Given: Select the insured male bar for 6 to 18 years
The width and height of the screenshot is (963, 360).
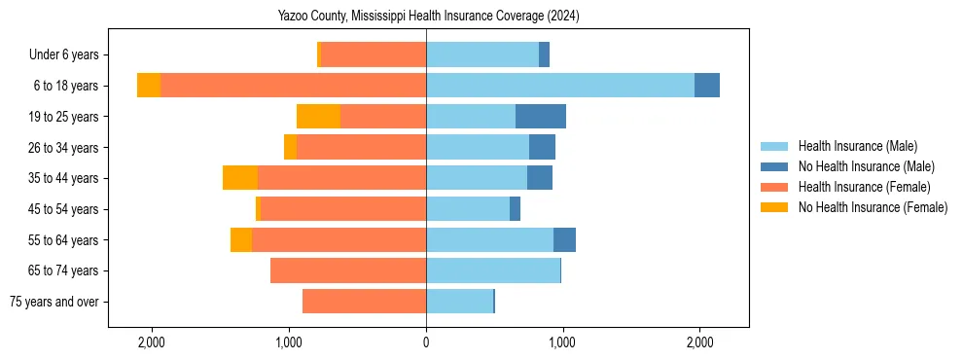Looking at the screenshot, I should point(559,86).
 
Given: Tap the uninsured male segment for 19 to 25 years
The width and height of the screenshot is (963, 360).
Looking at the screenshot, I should point(540,117).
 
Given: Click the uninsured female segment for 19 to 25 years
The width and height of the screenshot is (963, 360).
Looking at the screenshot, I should point(318,117).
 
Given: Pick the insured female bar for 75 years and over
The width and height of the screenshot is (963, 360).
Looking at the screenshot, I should point(364,302).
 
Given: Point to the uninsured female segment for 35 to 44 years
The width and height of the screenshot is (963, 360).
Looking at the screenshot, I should point(240,178).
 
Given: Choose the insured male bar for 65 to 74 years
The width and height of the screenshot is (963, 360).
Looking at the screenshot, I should point(493,270).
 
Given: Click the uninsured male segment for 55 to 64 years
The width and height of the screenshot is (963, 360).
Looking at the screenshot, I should point(564,239).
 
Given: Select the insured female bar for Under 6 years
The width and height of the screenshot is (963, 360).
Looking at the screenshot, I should point(374,54).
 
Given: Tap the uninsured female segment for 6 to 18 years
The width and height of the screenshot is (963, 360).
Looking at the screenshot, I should point(149,86).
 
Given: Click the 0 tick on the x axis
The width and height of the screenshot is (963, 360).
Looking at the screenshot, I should point(426,342).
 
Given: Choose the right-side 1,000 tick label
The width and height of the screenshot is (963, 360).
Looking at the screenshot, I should point(562,342).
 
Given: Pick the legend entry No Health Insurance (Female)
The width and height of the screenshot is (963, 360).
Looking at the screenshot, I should point(872,207).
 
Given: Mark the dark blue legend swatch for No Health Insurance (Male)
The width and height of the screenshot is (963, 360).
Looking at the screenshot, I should point(774,166).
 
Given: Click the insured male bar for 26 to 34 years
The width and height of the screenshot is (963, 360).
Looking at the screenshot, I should point(478,147).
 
